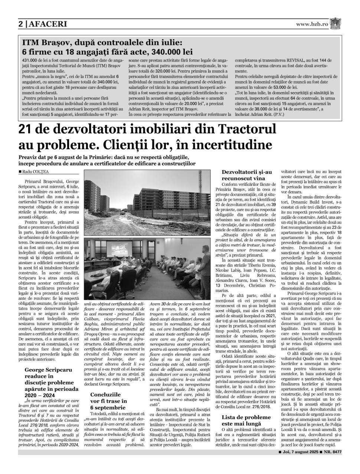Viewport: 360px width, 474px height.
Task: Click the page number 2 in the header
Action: [x=21, y=24]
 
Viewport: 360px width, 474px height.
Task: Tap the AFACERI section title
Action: [x=47, y=24]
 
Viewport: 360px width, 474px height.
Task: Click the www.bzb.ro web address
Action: [x=312, y=24]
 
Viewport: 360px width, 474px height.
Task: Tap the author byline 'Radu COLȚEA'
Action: [x=36, y=171]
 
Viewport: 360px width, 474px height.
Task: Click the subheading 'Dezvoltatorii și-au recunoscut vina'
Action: [x=246, y=175]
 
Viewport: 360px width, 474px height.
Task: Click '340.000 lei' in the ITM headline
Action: [x=167, y=51]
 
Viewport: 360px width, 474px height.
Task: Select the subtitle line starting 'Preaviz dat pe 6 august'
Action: [x=100, y=158]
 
